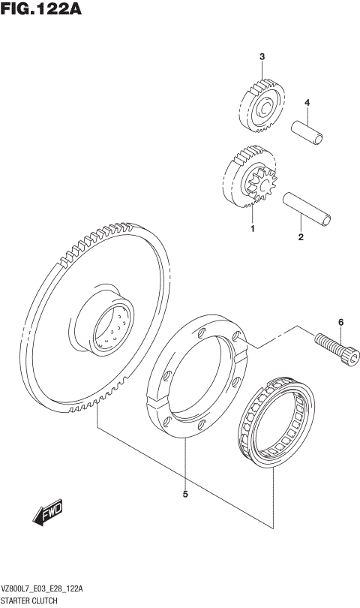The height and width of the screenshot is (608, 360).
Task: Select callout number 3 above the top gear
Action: [262, 57]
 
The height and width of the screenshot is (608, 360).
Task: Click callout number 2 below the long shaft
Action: [301, 238]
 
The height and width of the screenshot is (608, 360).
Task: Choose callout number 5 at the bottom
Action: [184, 494]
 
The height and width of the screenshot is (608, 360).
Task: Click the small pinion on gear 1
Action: [264, 185]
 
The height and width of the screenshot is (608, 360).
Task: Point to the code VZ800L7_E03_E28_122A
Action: [43, 590]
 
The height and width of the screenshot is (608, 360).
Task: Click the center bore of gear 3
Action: [265, 111]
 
